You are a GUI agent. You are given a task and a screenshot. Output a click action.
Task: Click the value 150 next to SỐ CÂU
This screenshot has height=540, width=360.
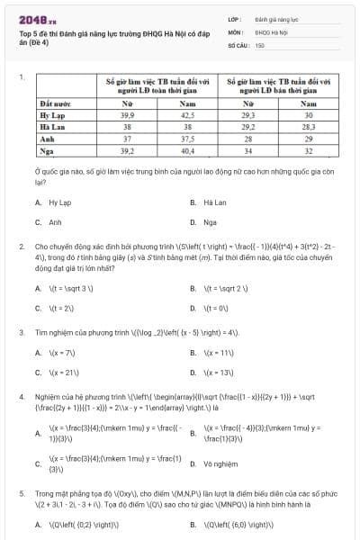coord(259,44)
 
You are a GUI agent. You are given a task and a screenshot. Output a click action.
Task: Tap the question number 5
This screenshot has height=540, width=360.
coord(21,494)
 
